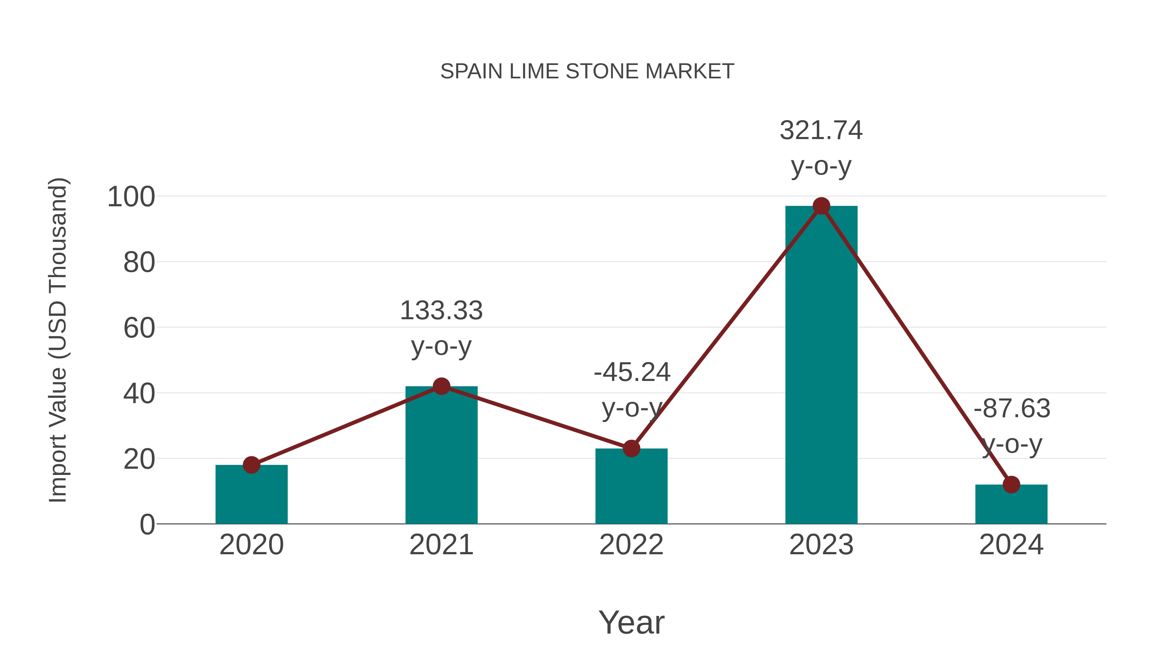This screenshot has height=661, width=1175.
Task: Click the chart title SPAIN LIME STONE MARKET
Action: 587,71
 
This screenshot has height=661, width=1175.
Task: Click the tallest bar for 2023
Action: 821,365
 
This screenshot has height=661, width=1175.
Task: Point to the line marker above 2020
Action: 251,465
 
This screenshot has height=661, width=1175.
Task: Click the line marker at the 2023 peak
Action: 821,206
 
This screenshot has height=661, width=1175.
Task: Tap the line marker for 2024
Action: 1011,484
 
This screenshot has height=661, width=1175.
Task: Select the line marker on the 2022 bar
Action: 631,449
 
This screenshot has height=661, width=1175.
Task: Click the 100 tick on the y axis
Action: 131,197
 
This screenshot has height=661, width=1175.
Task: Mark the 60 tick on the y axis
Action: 139,328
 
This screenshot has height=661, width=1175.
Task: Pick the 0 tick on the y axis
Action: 147,525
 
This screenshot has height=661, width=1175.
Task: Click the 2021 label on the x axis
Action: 441,545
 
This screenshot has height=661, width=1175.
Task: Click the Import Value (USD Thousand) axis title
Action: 58,340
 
